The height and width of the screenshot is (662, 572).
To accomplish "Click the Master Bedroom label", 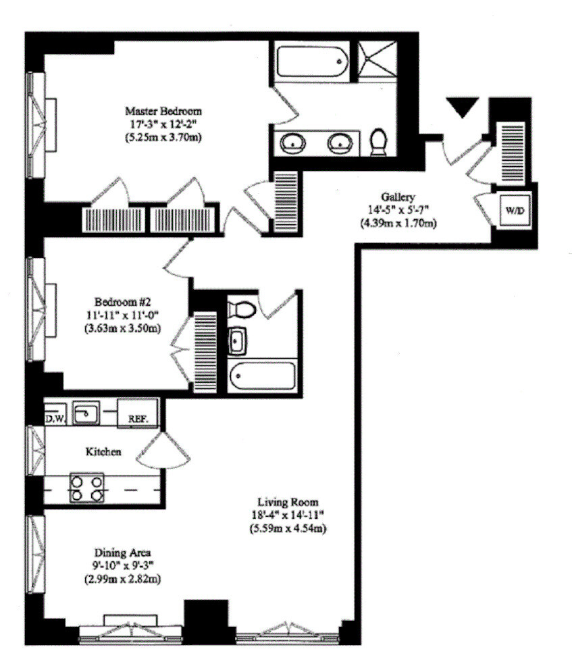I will (x=163, y=110).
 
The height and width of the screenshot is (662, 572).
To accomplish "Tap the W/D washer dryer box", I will (x=515, y=210).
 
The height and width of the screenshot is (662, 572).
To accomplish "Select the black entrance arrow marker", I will (x=463, y=107).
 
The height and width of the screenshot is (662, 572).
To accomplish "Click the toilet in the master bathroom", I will (x=379, y=141).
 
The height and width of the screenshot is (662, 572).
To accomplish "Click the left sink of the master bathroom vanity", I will (x=292, y=143).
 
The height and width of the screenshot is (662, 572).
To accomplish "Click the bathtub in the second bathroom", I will (x=263, y=376).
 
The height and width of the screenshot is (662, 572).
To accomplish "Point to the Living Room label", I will (x=288, y=503).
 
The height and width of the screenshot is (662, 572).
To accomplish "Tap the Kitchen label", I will (x=103, y=451).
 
